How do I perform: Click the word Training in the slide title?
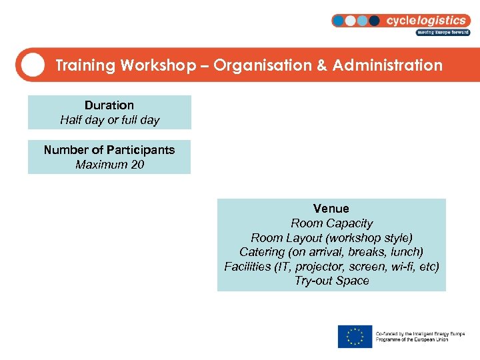[85, 65]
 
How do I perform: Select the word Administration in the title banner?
[387, 65]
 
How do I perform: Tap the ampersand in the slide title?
[322, 65]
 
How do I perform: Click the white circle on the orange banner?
[33, 65]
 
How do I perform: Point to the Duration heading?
[109, 105]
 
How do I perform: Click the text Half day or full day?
[109, 120]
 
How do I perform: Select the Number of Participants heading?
[109, 150]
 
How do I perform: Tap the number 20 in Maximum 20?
[137, 164]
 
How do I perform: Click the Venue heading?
[331, 209]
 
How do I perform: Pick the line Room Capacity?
[331, 223]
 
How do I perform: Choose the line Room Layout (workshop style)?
[331, 238]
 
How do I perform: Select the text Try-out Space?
[331, 281]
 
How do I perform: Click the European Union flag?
[355, 337]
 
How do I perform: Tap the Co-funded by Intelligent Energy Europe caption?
[420, 337]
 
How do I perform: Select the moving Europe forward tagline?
[443, 32]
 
